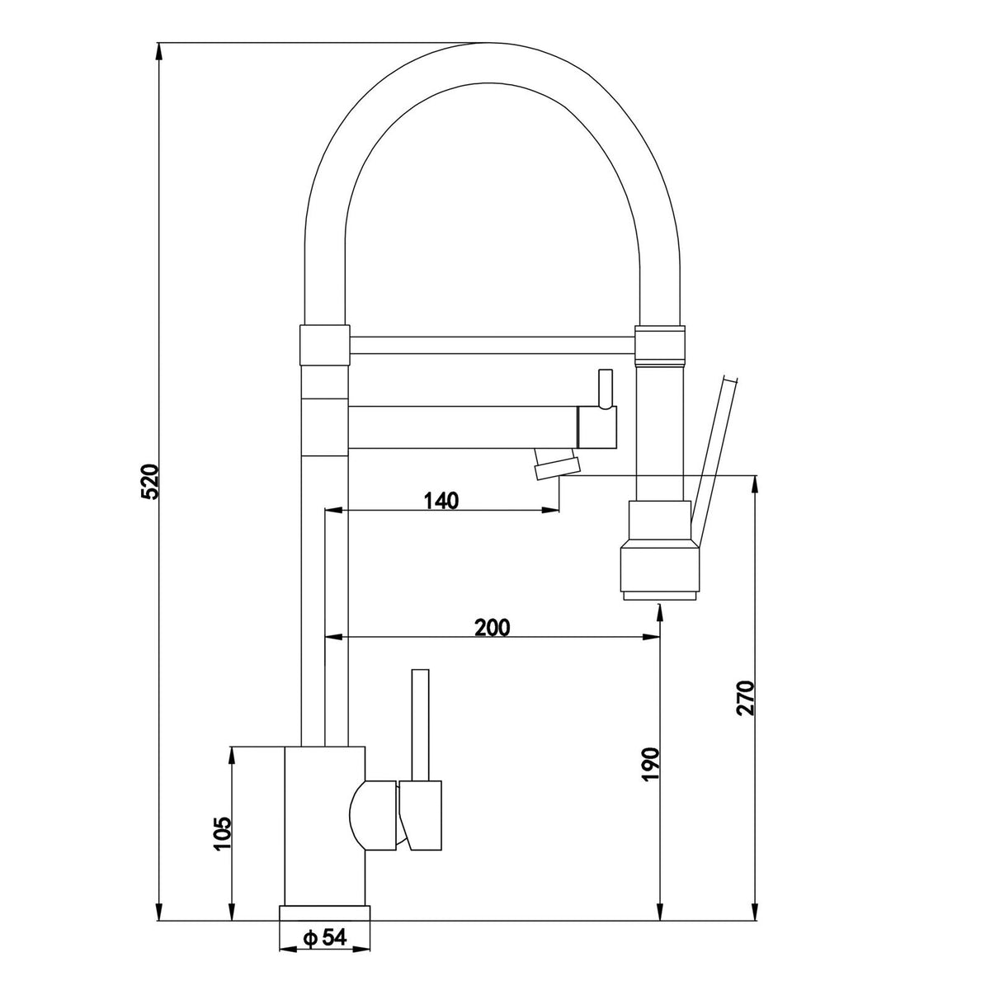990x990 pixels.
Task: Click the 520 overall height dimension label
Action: (152, 482)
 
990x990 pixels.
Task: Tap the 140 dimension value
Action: (441, 500)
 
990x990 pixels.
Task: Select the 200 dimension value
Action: (493, 627)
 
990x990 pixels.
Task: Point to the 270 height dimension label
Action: (745, 698)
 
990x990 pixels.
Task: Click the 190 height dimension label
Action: (650, 765)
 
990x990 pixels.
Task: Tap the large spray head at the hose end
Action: (660, 551)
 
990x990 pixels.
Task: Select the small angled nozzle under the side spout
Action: (556, 463)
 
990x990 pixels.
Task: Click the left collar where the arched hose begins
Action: (324, 345)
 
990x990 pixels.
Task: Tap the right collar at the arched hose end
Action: (660, 345)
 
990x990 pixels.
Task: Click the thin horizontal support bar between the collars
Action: (493, 345)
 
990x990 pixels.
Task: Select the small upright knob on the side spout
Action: (606, 389)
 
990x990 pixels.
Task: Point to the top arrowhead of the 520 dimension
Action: (158, 52)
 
